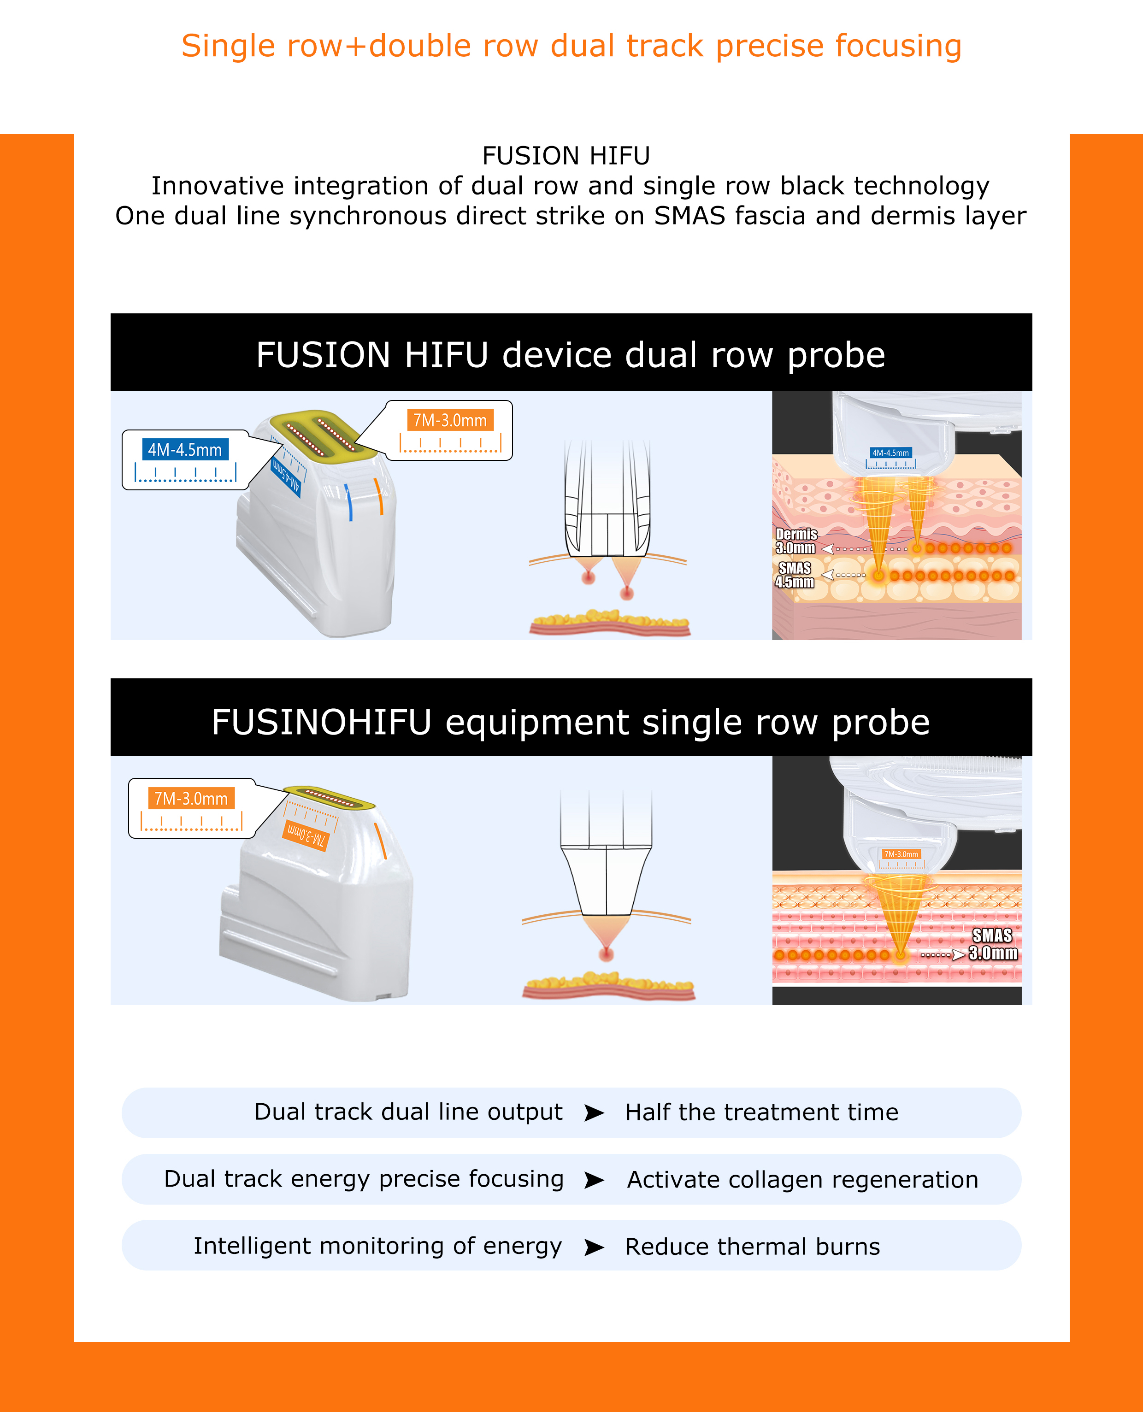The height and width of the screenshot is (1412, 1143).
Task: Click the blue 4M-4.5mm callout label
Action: point(185,450)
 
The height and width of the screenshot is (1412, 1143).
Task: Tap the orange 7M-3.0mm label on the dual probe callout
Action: point(450,420)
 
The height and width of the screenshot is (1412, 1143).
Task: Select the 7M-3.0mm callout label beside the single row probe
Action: point(191,799)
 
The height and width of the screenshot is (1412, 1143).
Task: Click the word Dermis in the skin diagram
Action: point(796,534)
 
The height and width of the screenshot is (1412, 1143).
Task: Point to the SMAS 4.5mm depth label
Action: point(795,575)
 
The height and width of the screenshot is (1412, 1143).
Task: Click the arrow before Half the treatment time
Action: point(594,1112)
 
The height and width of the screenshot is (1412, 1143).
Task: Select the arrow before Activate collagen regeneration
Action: point(594,1180)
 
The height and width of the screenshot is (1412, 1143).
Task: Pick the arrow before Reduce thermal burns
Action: point(594,1247)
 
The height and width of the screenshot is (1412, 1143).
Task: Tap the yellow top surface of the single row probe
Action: point(329,797)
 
